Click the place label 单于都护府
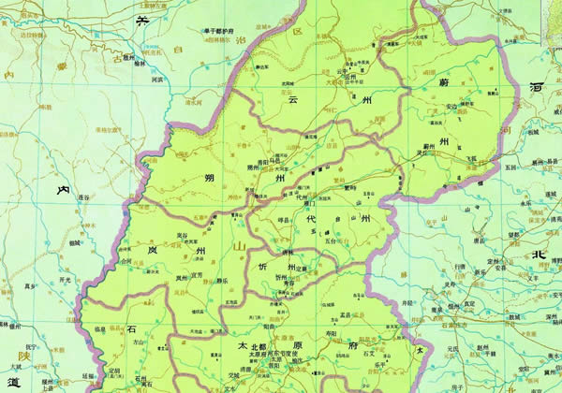pyautogui.click(x=217, y=29)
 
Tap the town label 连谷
pyautogui.click(x=84, y=197)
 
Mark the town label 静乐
pyautogui.click(x=222, y=278)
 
